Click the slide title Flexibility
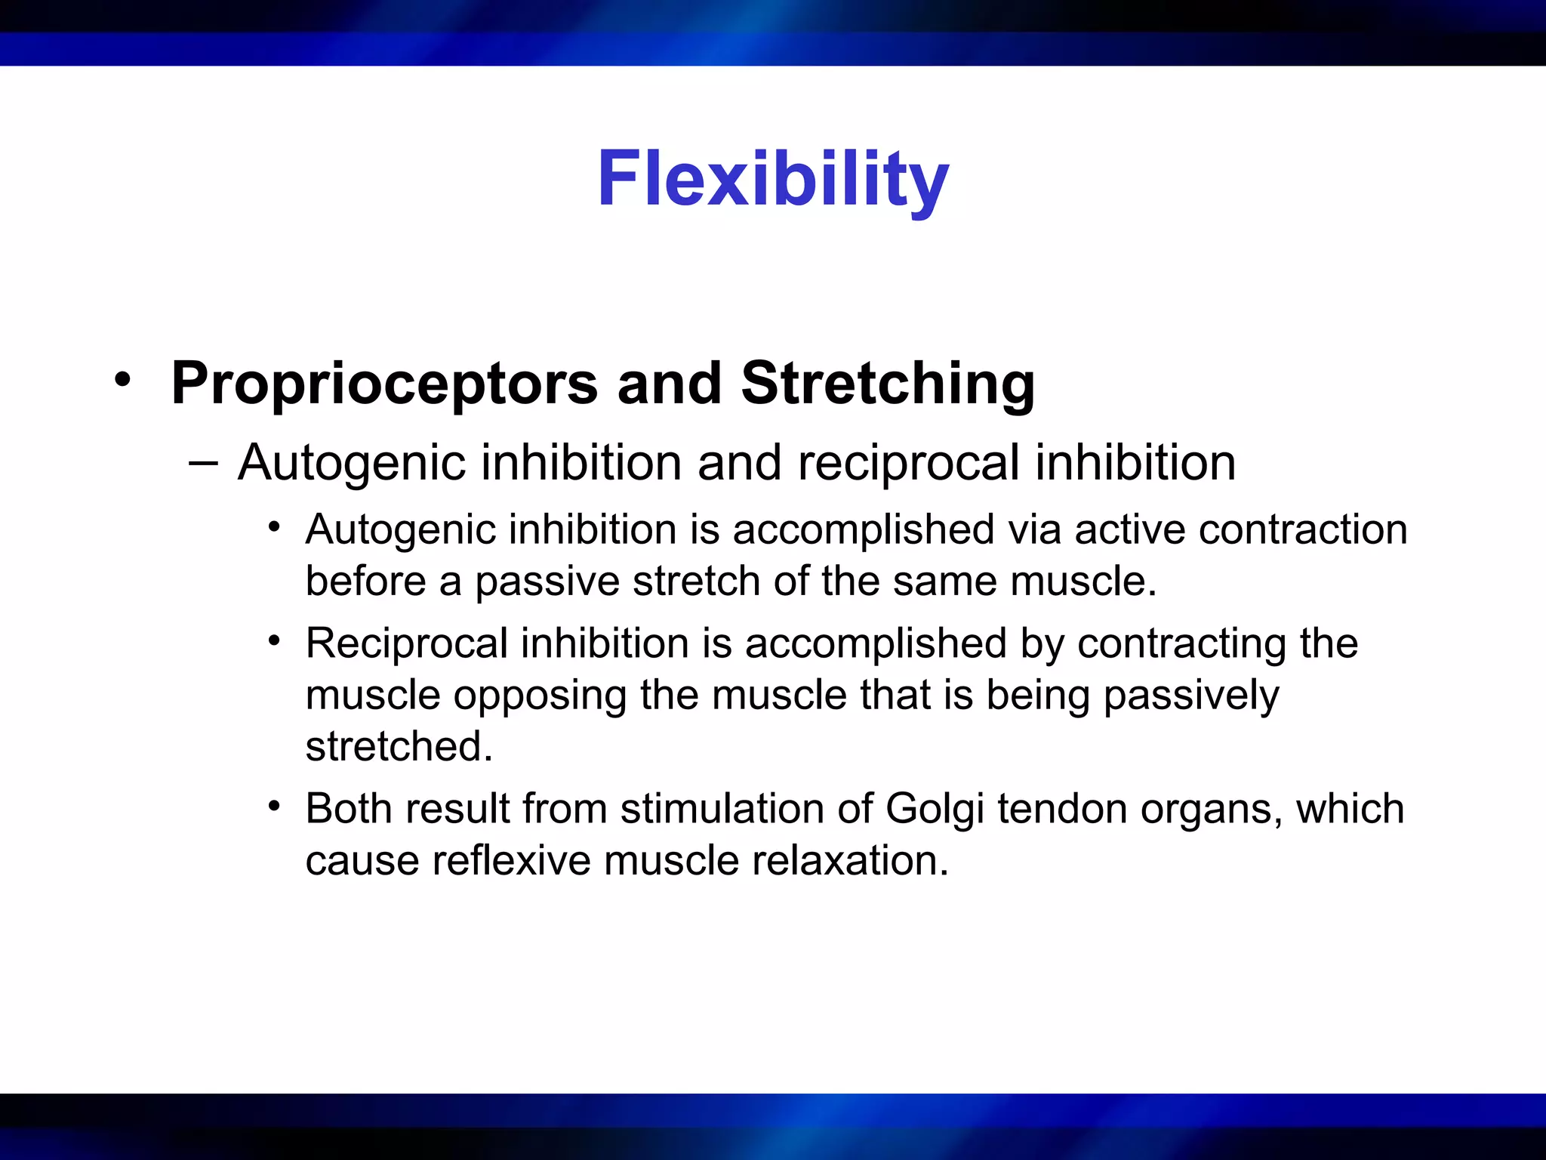coord(772,179)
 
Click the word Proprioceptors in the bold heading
coord(383,384)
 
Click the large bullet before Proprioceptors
coord(122,380)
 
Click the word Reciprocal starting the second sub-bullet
coord(406,643)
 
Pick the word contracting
coord(1181,643)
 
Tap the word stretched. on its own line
coord(399,746)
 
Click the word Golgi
coord(935,809)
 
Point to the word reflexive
coord(510,860)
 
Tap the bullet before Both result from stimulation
coord(274,806)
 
